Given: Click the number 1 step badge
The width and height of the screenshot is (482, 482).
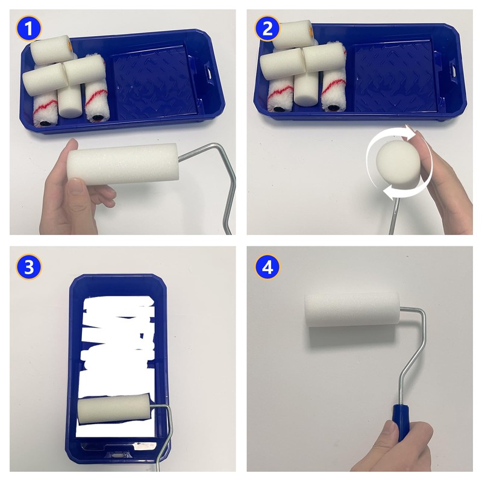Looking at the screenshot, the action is [x=28, y=28].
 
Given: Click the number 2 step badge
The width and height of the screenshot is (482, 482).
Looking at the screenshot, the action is [x=267, y=28].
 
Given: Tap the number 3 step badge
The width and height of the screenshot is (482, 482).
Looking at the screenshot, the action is [x=28, y=266].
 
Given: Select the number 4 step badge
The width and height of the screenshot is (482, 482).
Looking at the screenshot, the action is [x=267, y=266].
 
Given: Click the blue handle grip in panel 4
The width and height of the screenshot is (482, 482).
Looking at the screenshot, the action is [x=401, y=423].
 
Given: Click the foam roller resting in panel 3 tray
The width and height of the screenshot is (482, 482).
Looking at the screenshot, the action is [x=114, y=408].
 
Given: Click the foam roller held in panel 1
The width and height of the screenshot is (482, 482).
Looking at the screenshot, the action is [x=123, y=163].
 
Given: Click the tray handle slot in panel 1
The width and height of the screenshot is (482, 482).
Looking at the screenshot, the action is [x=209, y=73].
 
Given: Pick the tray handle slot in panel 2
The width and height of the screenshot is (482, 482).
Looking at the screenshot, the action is [x=453, y=69].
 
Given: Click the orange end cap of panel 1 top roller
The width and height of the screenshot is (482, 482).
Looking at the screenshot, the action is [x=70, y=46].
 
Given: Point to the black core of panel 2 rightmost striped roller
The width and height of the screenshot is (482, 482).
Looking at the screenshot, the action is [x=332, y=108].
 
